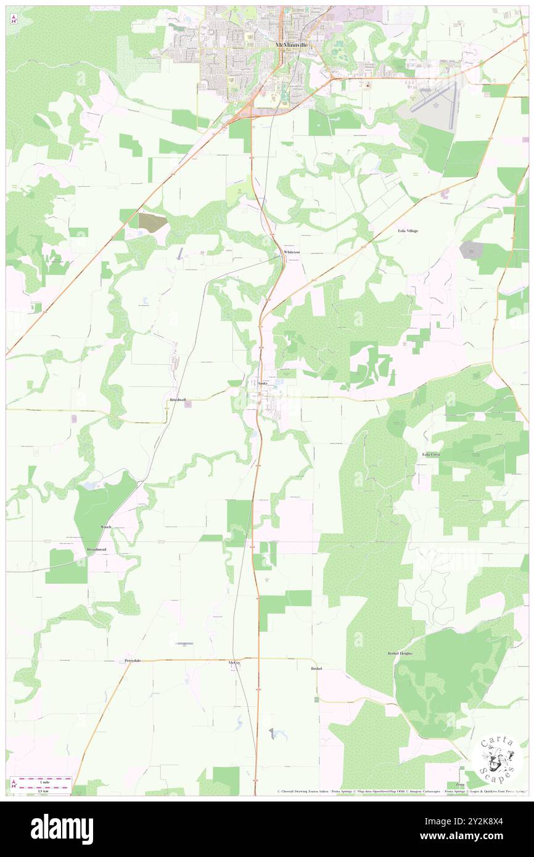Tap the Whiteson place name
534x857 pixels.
(x=291, y=253)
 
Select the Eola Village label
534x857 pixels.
(x=407, y=231)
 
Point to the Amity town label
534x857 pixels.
(x=262, y=383)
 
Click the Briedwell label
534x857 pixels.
(x=178, y=400)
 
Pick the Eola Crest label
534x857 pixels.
(x=431, y=454)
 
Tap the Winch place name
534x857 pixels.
(x=107, y=528)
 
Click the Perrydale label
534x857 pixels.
(x=133, y=660)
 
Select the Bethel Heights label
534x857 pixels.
(x=399, y=653)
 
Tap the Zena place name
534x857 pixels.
(x=461, y=767)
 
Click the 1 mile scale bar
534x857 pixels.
(x=41, y=779)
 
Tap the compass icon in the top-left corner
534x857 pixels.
(x=14, y=19)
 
